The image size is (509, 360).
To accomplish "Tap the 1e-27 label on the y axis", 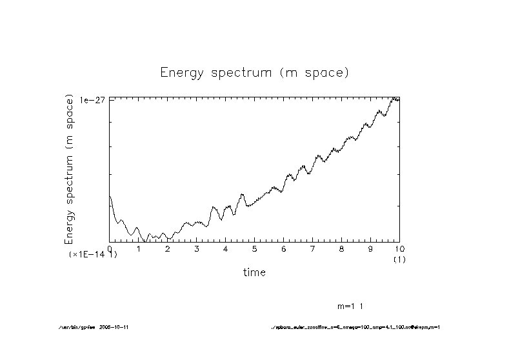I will (93, 100).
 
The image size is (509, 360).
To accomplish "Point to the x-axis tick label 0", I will (110, 248).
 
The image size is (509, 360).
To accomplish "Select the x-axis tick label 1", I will (139, 248).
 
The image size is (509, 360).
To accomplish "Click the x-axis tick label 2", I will (168, 248).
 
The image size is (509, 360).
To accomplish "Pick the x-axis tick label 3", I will (197, 248).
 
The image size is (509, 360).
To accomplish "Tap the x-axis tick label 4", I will (226, 248).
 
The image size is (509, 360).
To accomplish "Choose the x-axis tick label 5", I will (255, 248).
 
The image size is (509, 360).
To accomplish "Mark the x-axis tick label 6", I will (284, 248).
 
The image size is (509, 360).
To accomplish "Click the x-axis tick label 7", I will (313, 248).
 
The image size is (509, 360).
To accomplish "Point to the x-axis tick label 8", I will (342, 248).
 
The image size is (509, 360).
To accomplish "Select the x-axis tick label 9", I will (371, 248).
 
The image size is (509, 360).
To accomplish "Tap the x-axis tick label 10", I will (399, 248).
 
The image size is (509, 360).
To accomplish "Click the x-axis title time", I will (254, 272).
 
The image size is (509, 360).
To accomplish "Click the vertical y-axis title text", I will (70, 170).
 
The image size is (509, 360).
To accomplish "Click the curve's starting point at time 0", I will (110, 196).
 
